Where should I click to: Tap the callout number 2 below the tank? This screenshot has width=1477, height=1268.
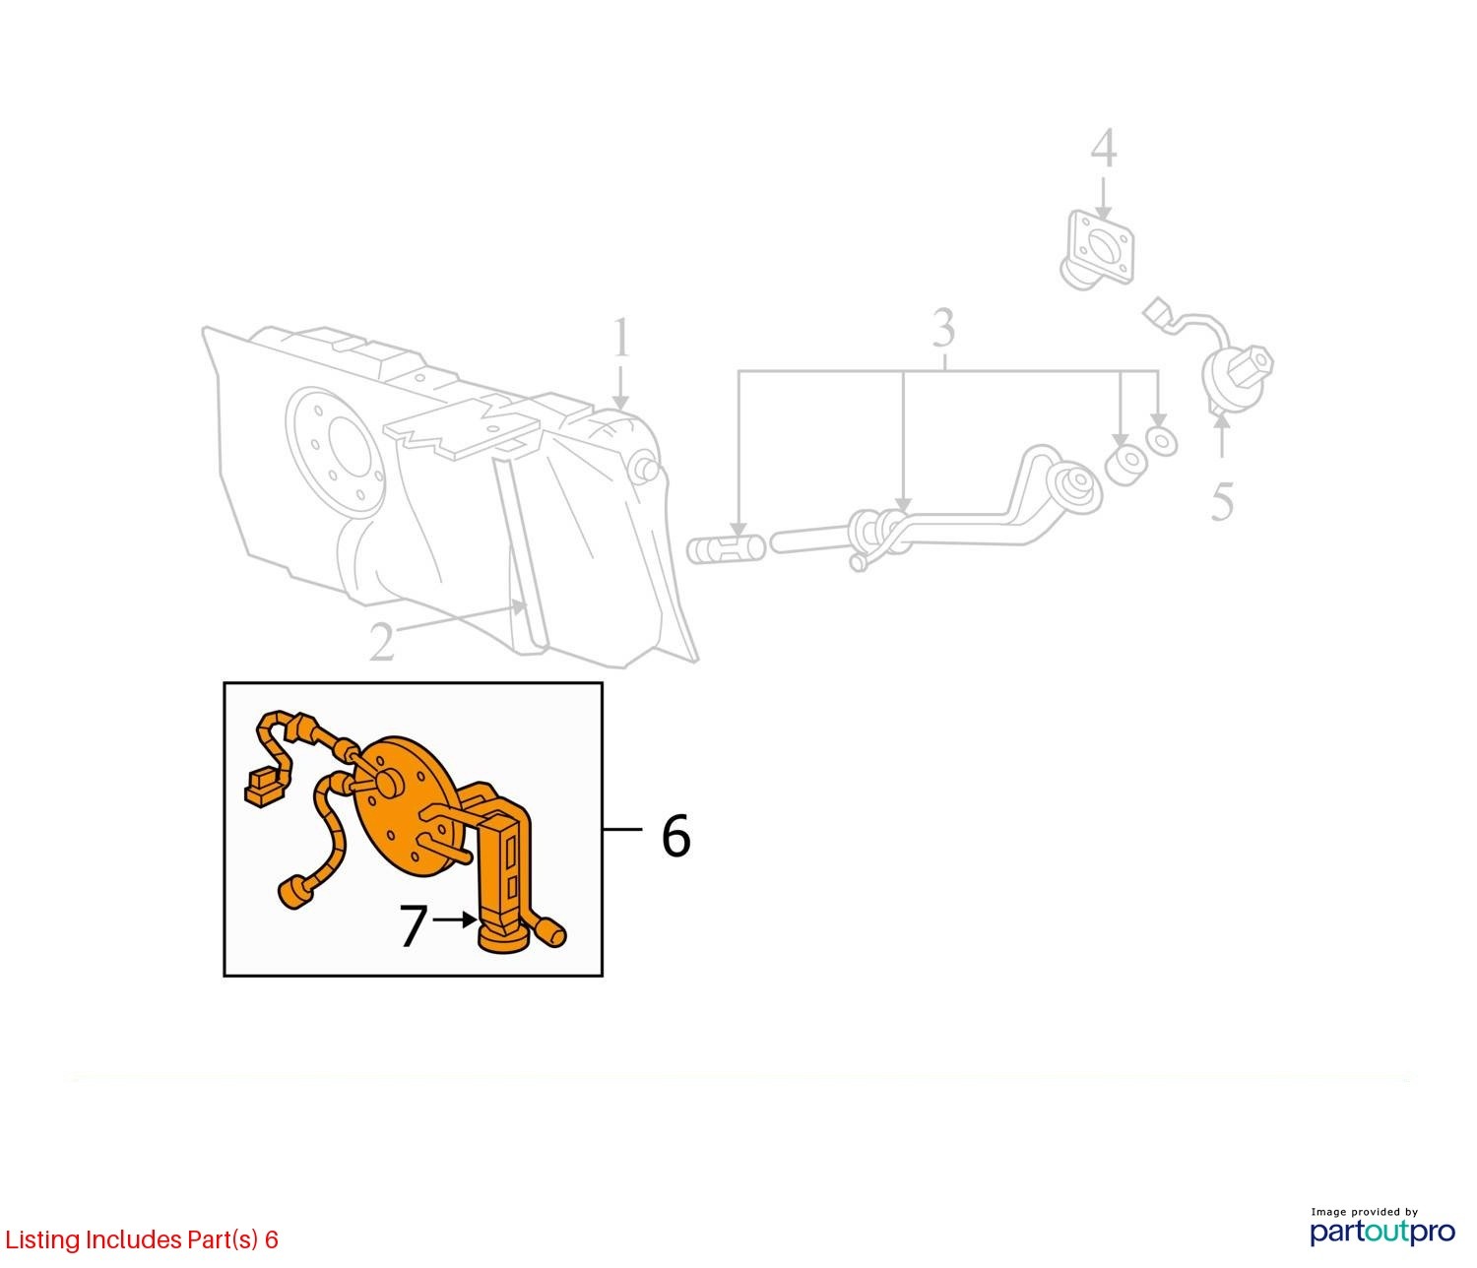click(x=382, y=642)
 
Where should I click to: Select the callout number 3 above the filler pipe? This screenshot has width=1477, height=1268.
click(x=943, y=328)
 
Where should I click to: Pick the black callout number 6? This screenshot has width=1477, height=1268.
click(x=675, y=835)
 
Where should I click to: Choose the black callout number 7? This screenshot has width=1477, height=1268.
click(x=413, y=925)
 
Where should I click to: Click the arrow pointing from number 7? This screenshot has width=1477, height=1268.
click(x=455, y=920)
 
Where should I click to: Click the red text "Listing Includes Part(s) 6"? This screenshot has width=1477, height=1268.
click(x=142, y=1239)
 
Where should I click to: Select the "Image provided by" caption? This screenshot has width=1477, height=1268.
click(x=1364, y=1212)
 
